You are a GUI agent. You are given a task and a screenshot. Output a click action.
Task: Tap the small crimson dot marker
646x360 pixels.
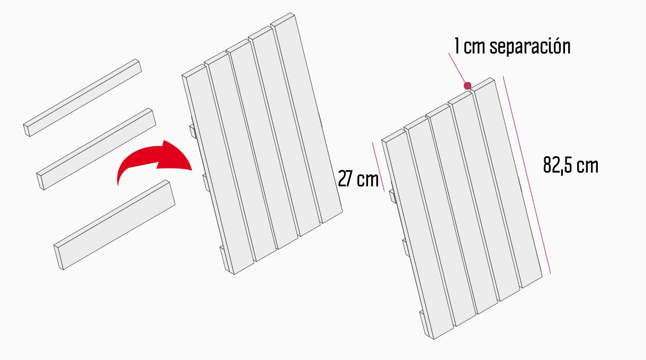(468, 86)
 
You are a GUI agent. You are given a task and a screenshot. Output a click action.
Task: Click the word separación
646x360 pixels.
(530, 46)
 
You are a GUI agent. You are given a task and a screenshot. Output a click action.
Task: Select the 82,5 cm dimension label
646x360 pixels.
(571, 165)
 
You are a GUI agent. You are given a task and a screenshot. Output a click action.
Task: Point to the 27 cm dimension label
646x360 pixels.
(358, 179)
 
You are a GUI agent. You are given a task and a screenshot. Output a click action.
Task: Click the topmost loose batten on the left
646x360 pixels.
(83, 98)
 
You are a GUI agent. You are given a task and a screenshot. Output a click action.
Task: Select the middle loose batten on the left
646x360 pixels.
(96, 149)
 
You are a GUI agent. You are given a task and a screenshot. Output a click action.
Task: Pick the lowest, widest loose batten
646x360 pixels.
(114, 225)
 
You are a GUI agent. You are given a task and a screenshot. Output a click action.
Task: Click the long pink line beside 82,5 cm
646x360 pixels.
(527, 175)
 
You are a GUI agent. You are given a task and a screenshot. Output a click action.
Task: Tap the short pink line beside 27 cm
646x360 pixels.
(378, 167)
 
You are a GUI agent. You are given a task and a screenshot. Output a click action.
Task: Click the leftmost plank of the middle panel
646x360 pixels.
(218, 169)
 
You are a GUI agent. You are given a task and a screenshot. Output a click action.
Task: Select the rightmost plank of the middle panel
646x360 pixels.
(306, 118)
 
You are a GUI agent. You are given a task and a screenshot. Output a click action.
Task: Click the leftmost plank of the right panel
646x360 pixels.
(418, 234)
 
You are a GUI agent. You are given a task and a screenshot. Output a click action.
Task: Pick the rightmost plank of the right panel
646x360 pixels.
(506, 183)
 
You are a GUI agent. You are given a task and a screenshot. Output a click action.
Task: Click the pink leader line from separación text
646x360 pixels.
(457, 69)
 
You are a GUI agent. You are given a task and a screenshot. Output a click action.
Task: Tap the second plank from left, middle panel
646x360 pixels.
(240, 157)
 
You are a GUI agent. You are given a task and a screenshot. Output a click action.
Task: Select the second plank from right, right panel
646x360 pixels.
(484, 196)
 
